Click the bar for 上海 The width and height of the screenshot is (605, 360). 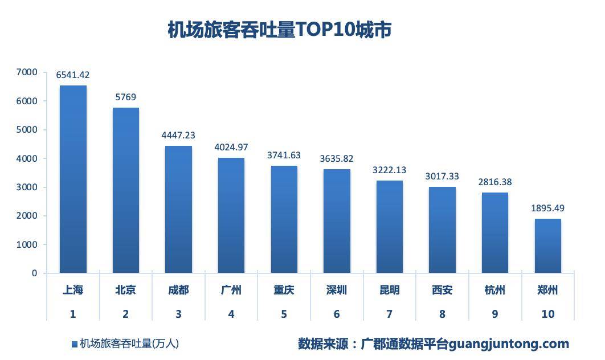pos(73,179)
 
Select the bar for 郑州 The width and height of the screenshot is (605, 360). pos(547,246)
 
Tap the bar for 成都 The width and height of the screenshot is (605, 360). pos(178,209)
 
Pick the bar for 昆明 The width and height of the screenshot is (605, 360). pos(389,227)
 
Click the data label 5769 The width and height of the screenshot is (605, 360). pos(125,97)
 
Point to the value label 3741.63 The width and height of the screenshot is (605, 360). pos(284,155)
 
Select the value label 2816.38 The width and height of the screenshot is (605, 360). pos(494,182)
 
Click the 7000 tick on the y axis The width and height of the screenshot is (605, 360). pos(27,72)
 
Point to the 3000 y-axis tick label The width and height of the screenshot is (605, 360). pos(27,187)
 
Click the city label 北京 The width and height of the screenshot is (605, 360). pos(125,290)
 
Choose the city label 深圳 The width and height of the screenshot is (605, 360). pos(337,290)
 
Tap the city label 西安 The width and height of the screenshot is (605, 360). pos(442,290)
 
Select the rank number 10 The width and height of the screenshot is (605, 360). pos(547,314)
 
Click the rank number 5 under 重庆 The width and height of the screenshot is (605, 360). pos(284,314)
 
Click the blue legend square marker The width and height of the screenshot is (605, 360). pos(74,344)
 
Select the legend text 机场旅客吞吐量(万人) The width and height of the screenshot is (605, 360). pos(129,343)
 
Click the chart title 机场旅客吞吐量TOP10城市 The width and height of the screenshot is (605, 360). pos(279,30)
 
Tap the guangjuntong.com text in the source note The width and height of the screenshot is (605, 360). pos(509,343)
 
